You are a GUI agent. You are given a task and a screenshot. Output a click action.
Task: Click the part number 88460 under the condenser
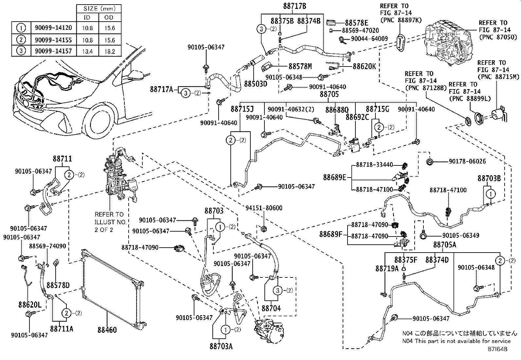(x=107, y=330)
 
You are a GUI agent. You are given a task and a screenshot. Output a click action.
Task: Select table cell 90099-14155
(x=53, y=40)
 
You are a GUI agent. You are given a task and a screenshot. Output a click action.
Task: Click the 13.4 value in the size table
(x=87, y=51)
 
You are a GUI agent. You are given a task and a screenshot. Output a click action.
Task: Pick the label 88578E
(x=356, y=23)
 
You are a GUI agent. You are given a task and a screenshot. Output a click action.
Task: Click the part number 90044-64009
(x=369, y=39)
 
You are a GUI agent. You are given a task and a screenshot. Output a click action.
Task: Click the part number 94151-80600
(x=264, y=208)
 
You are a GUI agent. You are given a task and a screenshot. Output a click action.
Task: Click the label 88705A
(x=444, y=245)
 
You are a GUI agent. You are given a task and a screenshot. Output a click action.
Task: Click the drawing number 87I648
(x=497, y=349)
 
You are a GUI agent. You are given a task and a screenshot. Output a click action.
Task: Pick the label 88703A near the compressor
(x=221, y=346)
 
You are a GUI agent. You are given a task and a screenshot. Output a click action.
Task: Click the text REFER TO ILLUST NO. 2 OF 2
(x=110, y=222)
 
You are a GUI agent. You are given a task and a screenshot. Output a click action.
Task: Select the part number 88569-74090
(x=47, y=246)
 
